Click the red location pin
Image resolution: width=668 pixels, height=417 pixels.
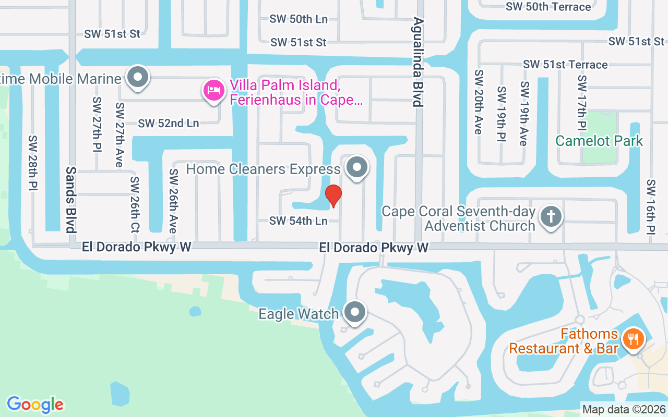333,195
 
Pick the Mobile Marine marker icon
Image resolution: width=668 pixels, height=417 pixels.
138,78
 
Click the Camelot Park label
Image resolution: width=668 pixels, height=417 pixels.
599,141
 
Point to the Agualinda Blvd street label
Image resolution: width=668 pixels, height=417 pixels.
417,62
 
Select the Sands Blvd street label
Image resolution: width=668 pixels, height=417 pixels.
71,199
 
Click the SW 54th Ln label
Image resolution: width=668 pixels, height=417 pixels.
299,221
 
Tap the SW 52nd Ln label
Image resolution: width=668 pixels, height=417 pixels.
169,124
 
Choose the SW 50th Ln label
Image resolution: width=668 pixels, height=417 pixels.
299,19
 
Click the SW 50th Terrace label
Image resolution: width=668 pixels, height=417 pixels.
548,7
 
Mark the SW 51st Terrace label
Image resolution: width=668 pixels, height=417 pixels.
565,65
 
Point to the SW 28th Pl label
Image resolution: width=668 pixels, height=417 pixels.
33,163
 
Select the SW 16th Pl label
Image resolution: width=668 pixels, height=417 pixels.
650,207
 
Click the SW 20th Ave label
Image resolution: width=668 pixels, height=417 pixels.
478,102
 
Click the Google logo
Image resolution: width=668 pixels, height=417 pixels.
35,404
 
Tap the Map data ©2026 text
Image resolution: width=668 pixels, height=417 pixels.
624,409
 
